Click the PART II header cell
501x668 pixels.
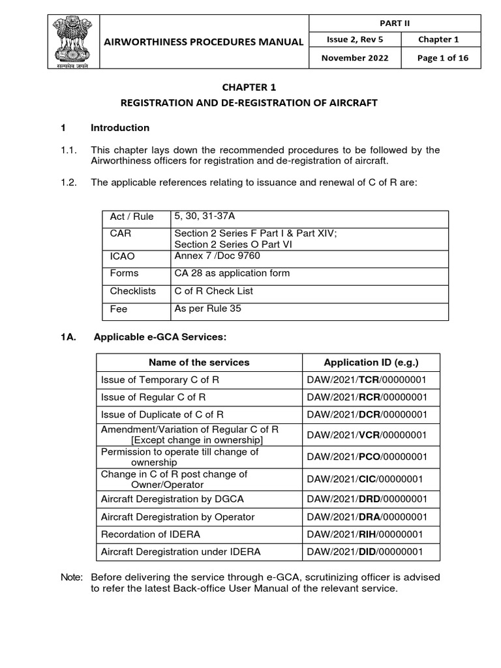[397, 23]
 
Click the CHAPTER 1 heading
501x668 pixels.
[250, 86]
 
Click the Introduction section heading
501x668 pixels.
[119, 128]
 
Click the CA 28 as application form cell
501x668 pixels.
[232, 273]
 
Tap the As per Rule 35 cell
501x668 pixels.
[207, 309]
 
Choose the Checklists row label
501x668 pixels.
[132, 291]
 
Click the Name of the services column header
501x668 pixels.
[199, 362]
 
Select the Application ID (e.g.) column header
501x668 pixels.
[371, 362]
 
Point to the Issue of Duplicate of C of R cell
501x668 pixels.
[162, 414]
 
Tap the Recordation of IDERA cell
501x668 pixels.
[151, 534]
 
